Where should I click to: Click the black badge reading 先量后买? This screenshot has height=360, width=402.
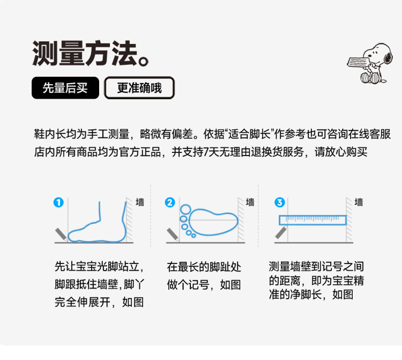point(65,88)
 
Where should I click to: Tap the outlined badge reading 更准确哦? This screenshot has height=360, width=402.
point(139,88)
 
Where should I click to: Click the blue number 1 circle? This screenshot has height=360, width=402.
point(58,202)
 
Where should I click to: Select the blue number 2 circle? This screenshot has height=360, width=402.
point(170,202)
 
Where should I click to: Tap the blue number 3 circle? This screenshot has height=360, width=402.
point(279,202)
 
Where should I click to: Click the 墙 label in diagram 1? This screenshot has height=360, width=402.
point(140,202)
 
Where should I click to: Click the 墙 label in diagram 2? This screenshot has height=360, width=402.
point(250,202)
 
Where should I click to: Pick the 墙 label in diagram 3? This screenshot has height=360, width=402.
point(359,202)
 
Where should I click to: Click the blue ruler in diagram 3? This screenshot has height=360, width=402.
point(312,220)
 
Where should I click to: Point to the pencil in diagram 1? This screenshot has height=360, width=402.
point(62,234)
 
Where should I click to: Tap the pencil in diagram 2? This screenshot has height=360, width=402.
point(173,234)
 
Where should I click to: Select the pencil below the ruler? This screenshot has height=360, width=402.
point(281,232)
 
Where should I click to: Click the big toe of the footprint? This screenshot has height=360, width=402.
point(185,209)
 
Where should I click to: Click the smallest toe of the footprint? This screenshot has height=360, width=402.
point(193,236)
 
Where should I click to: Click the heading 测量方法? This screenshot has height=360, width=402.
point(90,53)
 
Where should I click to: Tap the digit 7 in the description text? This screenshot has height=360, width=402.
point(206,152)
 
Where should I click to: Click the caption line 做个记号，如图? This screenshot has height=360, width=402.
point(204,285)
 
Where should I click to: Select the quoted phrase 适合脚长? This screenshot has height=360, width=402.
point(249,134)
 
